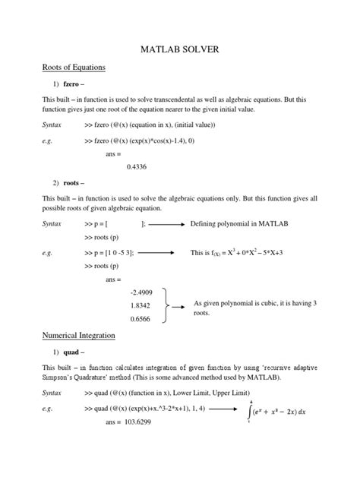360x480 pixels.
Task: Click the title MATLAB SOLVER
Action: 180,49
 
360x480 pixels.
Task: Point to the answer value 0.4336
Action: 137,166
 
